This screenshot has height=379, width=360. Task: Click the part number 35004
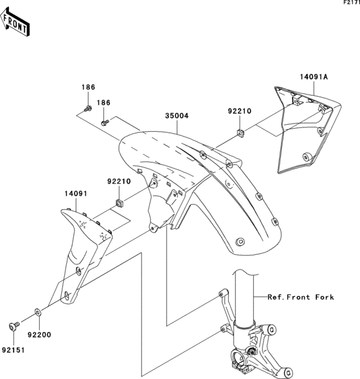tap(177, 116)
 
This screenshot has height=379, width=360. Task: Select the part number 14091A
tap(313, 77)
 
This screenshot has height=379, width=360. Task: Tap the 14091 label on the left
tap(75, 192)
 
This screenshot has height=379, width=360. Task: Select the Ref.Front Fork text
tap(301, 297)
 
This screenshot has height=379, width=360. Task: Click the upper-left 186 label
tap(88, 87)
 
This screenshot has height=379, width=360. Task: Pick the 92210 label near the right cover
tap(239, 111)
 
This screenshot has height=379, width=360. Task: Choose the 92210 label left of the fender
tap(118, 181)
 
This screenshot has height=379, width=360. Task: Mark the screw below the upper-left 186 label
tap(87, 107)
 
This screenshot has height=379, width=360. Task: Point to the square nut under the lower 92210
tap(119, 204)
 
